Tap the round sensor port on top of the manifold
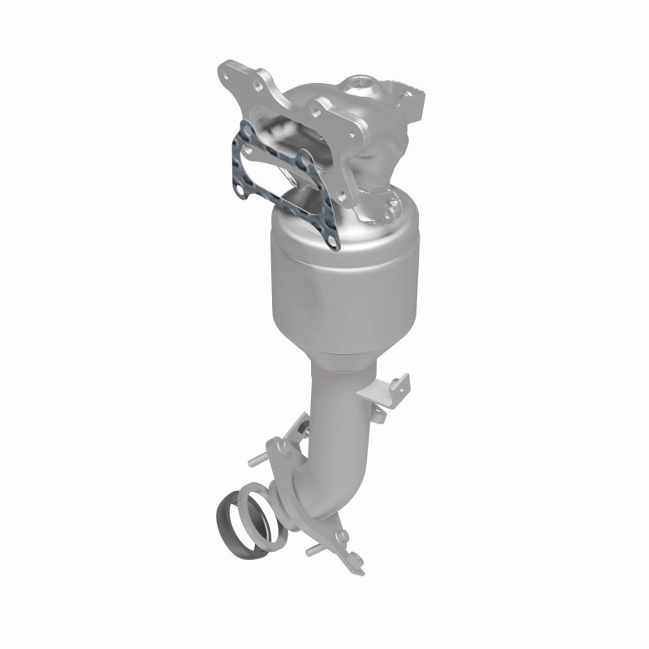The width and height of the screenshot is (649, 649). [x=363, y=82]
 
